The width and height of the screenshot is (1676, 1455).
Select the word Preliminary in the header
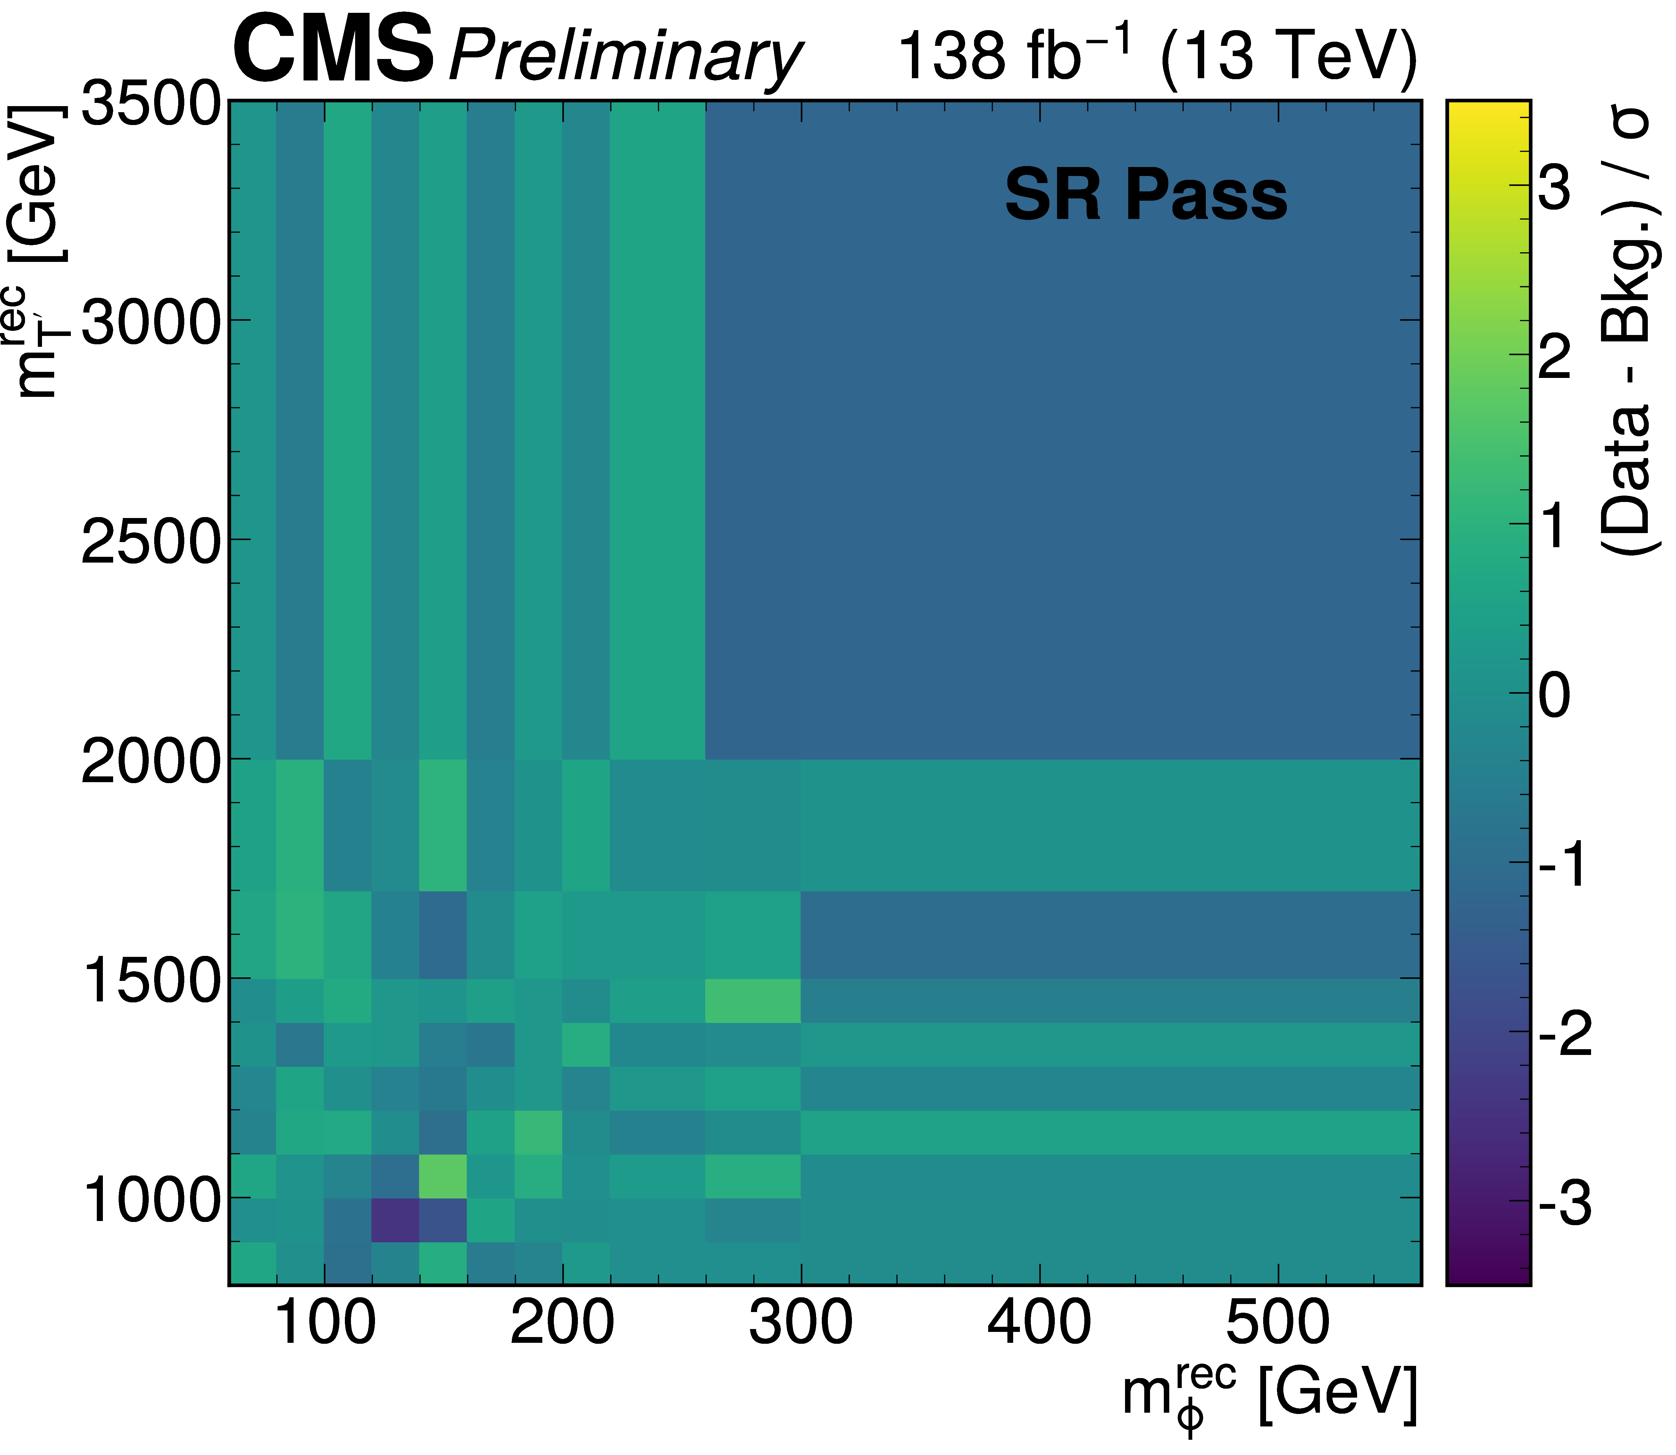point(625,57)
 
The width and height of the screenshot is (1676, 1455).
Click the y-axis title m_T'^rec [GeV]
point(39,252)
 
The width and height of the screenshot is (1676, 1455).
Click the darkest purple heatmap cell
point(396,1219)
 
